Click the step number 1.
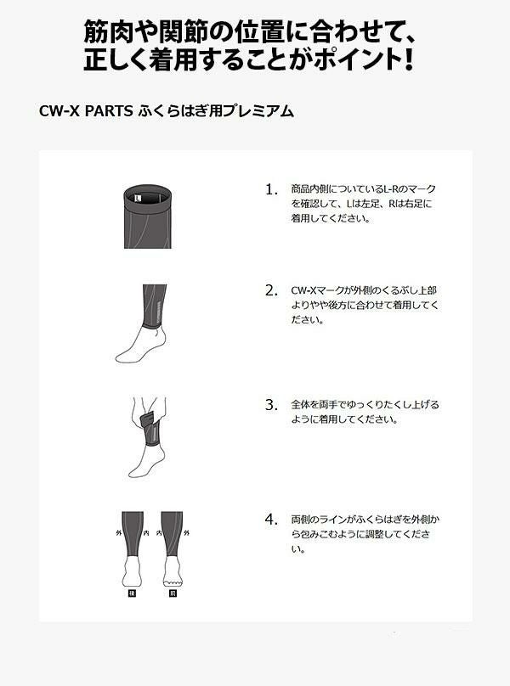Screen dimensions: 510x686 point(270,189)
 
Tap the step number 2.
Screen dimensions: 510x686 point(271,290)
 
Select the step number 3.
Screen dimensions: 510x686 point(271,405)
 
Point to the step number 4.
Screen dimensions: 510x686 point(271,520)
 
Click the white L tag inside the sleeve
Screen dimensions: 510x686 point(138,198)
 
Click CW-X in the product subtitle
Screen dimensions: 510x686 point(59,111)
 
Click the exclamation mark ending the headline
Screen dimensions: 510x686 point(408,59)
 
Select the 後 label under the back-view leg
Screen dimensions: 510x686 point(131,593)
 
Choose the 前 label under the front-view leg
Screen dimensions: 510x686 point(173,593)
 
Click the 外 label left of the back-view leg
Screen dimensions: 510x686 point(118,533)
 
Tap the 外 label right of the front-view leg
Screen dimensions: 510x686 point(186,533)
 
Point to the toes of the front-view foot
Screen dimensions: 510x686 point(172,582)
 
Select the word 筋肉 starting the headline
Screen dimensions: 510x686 point(108,31)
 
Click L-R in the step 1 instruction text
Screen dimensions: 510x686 point(392,189)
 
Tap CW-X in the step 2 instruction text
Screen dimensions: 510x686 point(304,290)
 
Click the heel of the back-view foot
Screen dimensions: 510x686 point(132,581)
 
